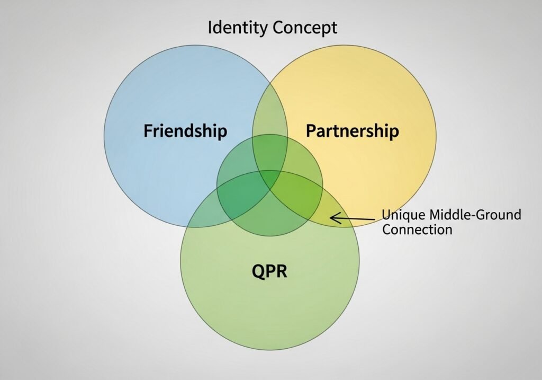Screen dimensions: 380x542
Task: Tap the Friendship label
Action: click(x=185, y=130)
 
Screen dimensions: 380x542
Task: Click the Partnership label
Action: click(x=352, y=130)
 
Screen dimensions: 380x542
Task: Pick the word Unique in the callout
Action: click(x=403, y=215)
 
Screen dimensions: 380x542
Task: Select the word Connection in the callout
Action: click(x=417, y=229)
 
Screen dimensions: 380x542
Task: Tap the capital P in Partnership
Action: click(x=311, y=130)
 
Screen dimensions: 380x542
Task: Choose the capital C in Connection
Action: click(x=386, y=229)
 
